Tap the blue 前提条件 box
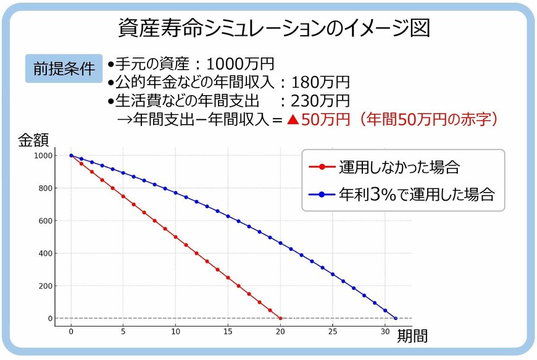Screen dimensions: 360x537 pos(64,69)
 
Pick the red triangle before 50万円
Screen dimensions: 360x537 pos(293,120)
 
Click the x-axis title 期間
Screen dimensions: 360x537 pos(412,337)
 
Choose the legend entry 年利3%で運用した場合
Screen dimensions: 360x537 pos(417,195)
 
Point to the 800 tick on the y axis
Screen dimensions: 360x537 pos(44,188)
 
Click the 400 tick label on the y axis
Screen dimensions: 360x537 pos(44,253)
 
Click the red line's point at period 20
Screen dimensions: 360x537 pos(280,319)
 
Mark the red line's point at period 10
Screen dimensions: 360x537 pos(176,237)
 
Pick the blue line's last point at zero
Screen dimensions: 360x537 pos(396,319)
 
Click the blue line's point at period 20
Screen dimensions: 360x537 pos(280,243)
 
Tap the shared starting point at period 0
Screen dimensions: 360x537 pos(71,156)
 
